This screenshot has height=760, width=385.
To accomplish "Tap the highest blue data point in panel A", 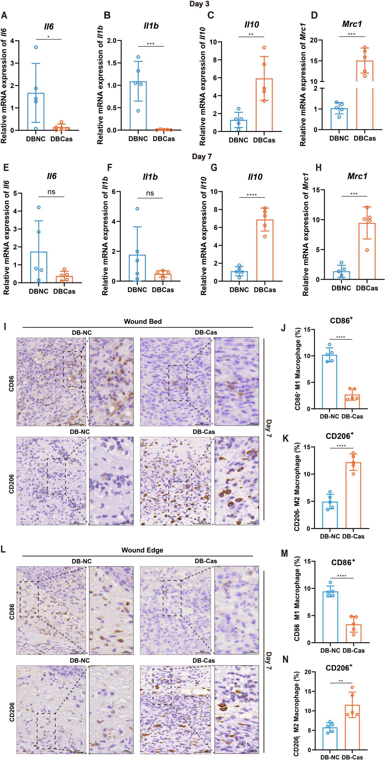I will coord(36,47).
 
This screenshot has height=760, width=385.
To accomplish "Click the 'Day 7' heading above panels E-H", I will coord(202,156).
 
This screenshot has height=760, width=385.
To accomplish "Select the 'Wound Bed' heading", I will coord(143,321).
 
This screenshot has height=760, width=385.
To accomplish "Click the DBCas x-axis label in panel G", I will coord(265,290).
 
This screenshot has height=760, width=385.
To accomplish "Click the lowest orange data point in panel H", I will coord(367,250).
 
